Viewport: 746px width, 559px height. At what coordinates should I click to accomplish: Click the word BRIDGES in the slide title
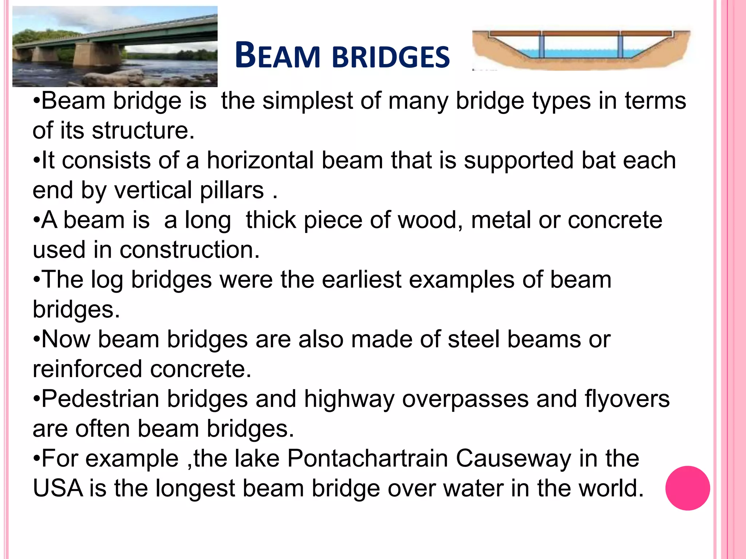point(391,57)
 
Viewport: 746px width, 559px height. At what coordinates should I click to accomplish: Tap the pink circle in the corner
point(687,488)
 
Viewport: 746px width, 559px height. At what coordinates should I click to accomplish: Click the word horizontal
point(260,160)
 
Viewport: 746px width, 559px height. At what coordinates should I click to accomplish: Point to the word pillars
point(232,190)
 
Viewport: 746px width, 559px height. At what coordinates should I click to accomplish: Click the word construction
point(189,250)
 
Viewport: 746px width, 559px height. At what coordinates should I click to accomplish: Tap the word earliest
point(361,280)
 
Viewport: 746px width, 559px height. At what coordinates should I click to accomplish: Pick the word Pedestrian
point(101,399)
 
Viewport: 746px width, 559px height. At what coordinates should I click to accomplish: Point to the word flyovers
point(627,399)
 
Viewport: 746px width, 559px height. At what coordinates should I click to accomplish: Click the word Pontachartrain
point(368,459)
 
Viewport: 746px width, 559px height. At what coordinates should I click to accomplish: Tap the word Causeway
point(514,459)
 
